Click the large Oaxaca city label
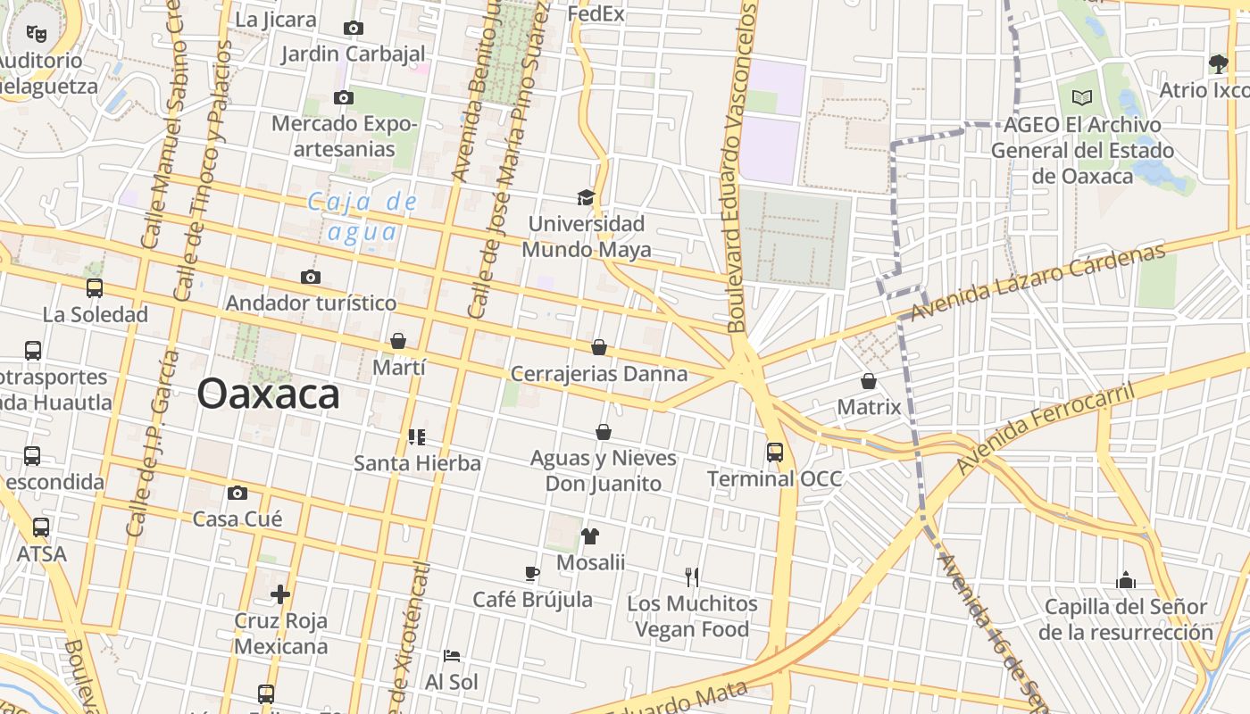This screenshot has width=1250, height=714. point(268,394)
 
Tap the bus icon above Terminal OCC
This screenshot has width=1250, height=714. point(774,452)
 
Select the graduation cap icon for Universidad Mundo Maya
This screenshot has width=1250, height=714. point(586,197)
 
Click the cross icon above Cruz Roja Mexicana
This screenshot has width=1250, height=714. point(280,594)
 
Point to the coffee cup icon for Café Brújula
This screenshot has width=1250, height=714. point(532,573)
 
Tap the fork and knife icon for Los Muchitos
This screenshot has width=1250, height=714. point(691,577)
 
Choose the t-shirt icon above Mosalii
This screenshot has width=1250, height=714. point(589,536)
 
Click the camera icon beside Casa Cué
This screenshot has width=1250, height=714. point(237,493)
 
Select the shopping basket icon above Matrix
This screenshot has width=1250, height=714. point(868,381)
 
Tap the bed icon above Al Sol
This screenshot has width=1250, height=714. point(452,656)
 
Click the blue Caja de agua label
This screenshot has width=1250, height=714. point(362,217)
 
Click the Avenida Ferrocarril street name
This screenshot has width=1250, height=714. point(1044,429)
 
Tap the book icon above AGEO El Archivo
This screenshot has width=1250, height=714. point(1082,97)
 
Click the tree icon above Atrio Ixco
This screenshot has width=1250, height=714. point(1218,63)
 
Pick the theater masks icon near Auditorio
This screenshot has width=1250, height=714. point(36,34)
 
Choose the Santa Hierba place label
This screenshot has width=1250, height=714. point(417,463)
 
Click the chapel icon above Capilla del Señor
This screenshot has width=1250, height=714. point(1125,581)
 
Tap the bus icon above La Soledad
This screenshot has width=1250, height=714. point(95,288)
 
